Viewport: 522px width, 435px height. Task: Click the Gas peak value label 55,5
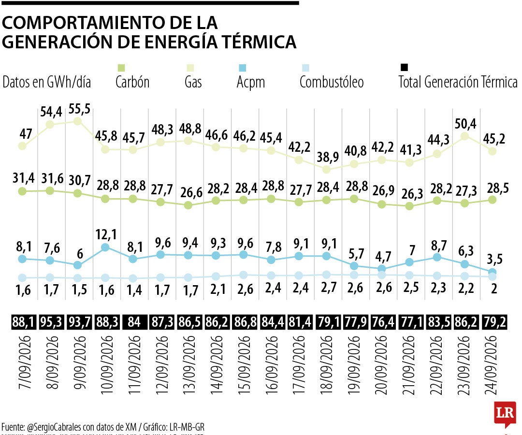click(79, 109)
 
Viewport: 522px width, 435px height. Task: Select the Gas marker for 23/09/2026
click(464, 136)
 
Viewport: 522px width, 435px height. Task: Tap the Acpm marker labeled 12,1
click(105, 247)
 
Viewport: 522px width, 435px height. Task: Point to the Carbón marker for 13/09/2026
click(188, 205)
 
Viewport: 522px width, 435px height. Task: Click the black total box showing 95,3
click(51, 322)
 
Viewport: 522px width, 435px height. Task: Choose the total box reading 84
click(134, 322)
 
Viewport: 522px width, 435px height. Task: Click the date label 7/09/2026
click(25, 362)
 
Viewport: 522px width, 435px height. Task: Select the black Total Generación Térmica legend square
click(404, 68)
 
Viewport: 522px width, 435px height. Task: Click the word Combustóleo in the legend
click(332, 82)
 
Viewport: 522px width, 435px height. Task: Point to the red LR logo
click(505, 414)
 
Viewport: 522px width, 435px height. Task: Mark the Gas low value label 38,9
click(328, 157)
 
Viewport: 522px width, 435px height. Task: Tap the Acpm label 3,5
click(495, 259)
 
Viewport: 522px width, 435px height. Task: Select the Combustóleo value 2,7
click(329, 287)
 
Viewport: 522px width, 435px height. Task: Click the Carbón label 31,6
click(52, 179)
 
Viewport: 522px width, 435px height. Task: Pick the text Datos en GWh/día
click(46, 82)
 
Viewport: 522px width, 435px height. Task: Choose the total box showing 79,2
click(495, 322)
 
